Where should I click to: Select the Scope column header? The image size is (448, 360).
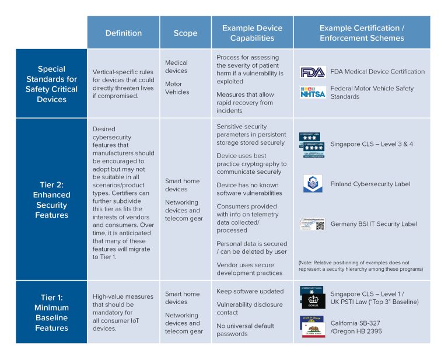tap(185, 33)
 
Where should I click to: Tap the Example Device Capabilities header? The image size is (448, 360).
tap(252, 33)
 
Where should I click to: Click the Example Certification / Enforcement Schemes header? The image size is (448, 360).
tap(362, 33)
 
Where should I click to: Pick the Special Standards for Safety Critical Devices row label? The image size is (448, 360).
tap(51, 84)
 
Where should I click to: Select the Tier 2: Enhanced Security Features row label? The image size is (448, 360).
tap(51, 200)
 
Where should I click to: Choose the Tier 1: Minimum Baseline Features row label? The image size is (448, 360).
tap(51, 312)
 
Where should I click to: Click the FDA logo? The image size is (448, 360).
tap(313, 72)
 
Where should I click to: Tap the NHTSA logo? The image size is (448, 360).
tap(313, 92)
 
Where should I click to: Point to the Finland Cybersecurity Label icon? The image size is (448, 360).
tap(313, 184)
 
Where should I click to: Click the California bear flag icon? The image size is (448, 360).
tap(312, 327)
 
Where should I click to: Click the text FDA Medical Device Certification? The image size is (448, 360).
tap(377, 72)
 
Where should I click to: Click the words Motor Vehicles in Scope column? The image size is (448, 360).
tap(177, 88)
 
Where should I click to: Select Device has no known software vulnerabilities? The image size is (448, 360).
tap(249, 189)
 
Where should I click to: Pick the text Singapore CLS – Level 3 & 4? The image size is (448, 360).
tap(371, 144)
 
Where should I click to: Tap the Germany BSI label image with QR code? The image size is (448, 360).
tap(313, 224)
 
